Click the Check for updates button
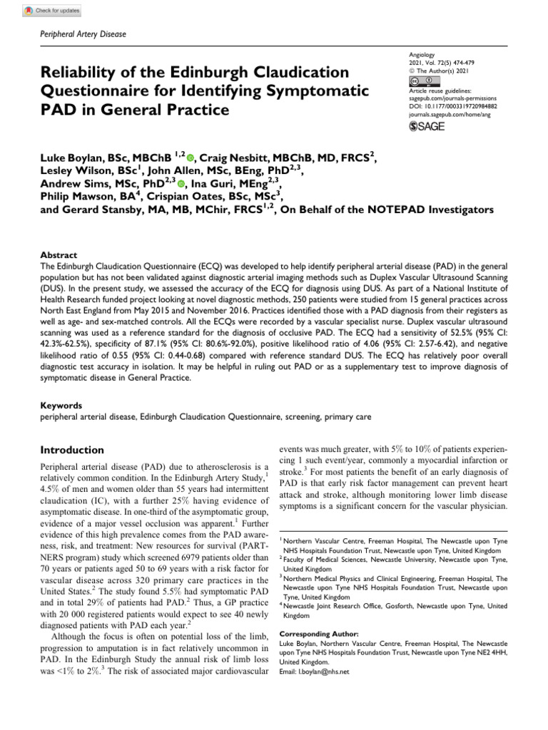coord(52,11)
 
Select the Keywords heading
coord(62,404)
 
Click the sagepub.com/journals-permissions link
coord(452,98)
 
